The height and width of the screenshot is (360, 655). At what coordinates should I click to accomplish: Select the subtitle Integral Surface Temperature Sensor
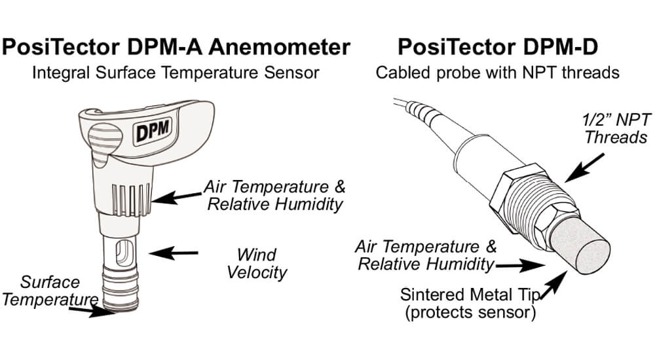(176, 72)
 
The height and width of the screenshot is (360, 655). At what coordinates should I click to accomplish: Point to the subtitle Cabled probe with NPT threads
(497, 72)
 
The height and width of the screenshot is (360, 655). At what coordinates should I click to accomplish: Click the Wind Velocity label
(257, 263)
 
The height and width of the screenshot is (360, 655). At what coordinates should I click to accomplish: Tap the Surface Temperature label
(50, 291)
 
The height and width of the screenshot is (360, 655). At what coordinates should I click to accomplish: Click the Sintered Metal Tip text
(470, 293)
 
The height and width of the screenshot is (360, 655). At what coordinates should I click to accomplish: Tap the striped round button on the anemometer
(97, 139)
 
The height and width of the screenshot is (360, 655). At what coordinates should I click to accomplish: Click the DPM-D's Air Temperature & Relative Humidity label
(426, 256)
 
